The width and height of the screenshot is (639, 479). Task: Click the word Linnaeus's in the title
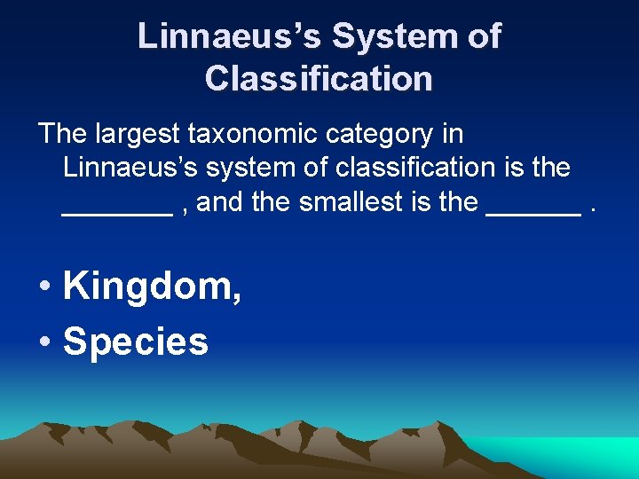tap(228, 36)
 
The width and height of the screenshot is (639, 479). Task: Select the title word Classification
tap(319, 78)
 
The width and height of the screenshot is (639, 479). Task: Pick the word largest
tap(141, 135)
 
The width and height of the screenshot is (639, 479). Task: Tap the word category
tap(385, 135)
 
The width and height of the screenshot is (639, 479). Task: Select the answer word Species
tap(136, 342)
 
